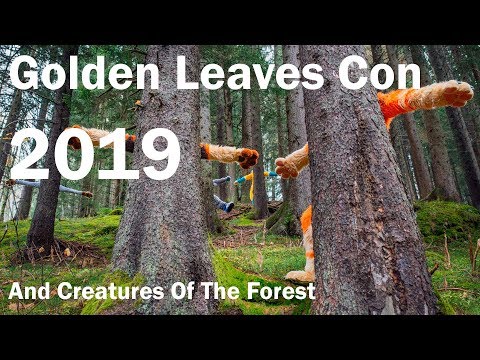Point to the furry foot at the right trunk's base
click(301, 272)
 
